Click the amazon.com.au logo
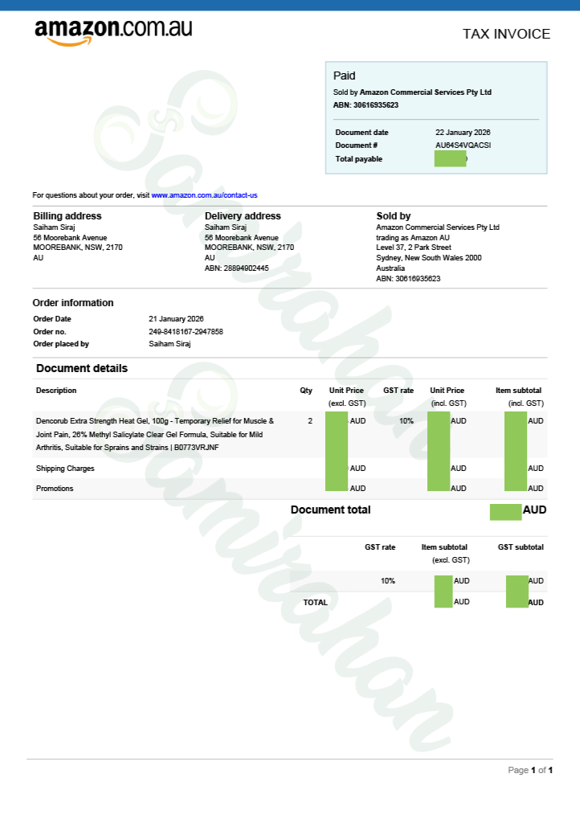[113, 31]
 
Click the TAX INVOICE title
[506, 34]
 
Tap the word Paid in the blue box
[344, 76]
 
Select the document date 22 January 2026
[463, 132]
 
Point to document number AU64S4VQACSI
[463, 145]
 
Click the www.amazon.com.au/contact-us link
[204, 195]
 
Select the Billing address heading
[67, 216]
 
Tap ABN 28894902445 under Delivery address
[237, 268]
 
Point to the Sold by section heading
[394, 216]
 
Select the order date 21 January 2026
[177, 319]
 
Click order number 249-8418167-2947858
[186, 332]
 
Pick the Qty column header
[306, 391]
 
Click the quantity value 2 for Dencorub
[310, 421]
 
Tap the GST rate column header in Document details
[398, 391]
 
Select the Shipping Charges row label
[65, 469]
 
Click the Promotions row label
[55, 489]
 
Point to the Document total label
[330, 510]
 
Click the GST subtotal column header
[521, 547]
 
